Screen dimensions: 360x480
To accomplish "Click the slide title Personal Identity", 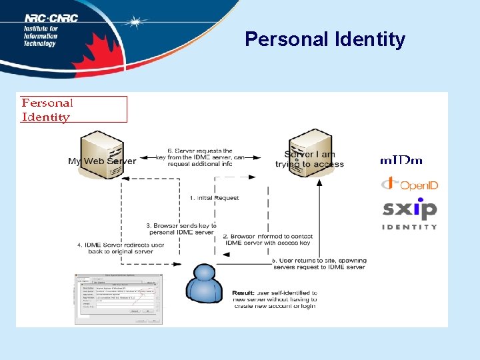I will tap(325, 40).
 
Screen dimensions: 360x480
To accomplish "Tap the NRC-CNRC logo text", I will tap(51, 19).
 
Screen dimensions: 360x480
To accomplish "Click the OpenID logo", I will tap(409, 184).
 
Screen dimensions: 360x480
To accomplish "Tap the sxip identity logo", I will tap(409, 214).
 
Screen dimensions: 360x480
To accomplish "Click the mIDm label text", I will tap(401, 161).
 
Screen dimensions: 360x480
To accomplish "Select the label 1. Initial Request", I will tap(215, 198).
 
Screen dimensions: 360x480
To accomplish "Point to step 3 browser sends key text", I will tap(180, 229).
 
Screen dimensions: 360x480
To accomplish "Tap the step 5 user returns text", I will tap(319, 263).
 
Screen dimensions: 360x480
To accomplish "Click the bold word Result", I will tap(243, 293).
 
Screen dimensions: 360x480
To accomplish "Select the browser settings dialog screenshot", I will tap(117, 298).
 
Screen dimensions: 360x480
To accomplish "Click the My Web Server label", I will tap(101, 161).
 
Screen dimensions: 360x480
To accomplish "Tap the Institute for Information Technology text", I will tap(41, 36).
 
